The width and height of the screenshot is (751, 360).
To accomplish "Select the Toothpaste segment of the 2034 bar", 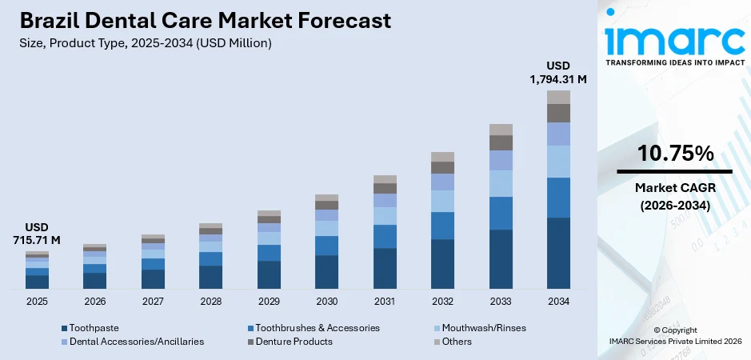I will tap(558, 252).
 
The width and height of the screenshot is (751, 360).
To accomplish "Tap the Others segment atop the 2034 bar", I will tap(558, 97).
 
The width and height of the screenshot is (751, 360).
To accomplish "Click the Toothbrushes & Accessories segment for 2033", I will tap(501, 213).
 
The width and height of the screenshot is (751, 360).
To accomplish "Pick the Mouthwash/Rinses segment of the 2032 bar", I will tap(442, 201).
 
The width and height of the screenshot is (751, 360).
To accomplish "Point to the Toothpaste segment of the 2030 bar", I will tap(326, 271).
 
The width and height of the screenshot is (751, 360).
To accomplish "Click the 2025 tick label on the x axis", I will tap(37, 302).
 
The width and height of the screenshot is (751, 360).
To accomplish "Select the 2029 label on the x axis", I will tap(269, 302).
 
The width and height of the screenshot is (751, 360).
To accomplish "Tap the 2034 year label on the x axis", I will tap(558, 302).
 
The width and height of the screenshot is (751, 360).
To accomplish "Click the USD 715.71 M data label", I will tap(37, 234).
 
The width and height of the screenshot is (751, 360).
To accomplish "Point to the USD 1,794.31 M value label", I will tap(558, 72).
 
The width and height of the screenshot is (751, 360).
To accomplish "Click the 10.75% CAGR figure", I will tap(674, 154).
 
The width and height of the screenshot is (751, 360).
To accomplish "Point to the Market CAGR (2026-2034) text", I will tap(674, 196).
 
